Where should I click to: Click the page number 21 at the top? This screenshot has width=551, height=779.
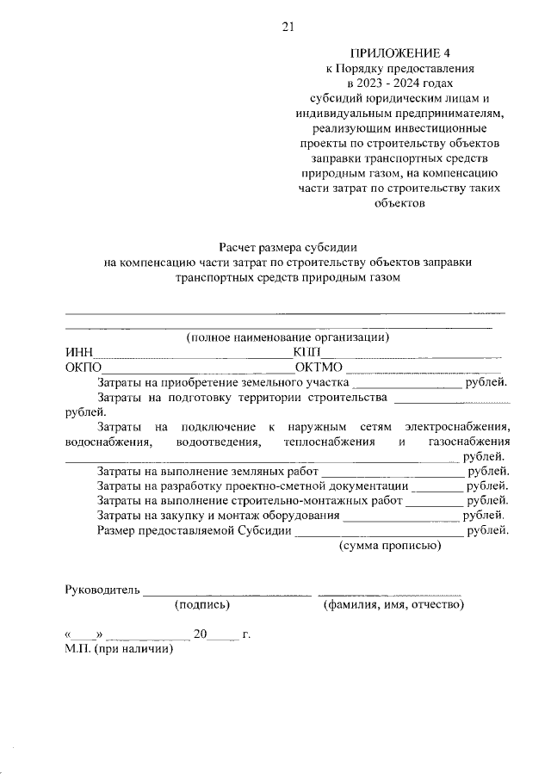pyautogui.click(x=288, y=27)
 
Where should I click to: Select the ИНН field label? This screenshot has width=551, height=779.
pyautogui.click(x=78, y=352)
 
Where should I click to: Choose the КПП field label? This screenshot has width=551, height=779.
pyautogui.click(x=306, y=352)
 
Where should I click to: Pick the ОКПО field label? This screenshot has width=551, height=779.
pyautogui.click(x=84, y=368)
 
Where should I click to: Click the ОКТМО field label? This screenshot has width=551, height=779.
pyautogui.click(x=319, y=368)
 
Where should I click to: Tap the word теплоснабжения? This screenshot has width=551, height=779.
pyautogui.click(x=328, y=442)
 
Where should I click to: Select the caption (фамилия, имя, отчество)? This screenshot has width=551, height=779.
pyautogui.click(x=393, y=605)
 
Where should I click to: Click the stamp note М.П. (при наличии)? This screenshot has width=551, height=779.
pyautogui.click(x=119, y=650)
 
